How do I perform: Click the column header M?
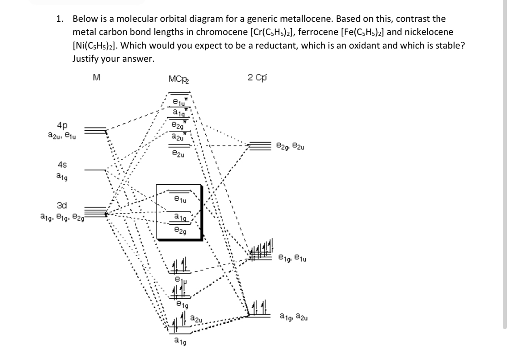[96, 78]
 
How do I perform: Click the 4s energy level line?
[94, 170]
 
